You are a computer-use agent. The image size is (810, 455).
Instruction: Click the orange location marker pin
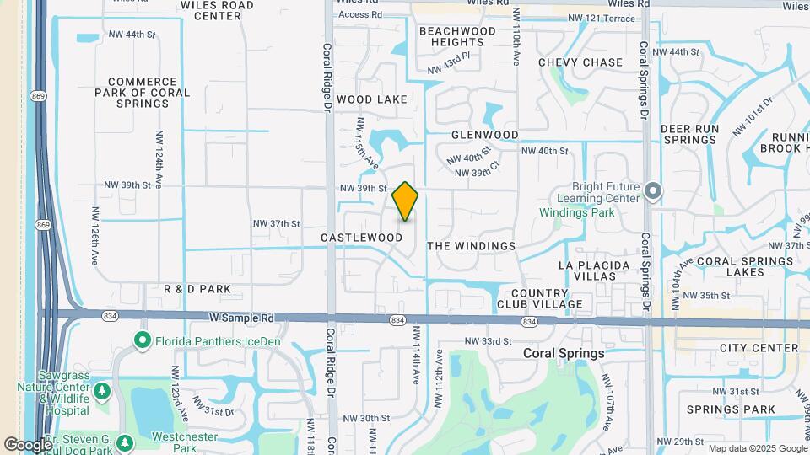[x=406, y=201]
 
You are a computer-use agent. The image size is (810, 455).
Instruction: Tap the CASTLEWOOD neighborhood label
[x=362, y=238]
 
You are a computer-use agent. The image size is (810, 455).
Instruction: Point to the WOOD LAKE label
[x=372, y=99]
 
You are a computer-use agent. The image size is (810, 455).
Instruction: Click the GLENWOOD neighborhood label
[x=484, y=135]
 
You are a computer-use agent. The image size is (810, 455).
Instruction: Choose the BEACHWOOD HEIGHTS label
[x=457, y=36]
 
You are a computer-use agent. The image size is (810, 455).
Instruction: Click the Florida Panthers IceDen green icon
[x=142, y=340]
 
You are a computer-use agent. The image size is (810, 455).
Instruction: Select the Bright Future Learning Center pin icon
[x=653, y=191]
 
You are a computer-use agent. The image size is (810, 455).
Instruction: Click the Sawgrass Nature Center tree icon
[x=102, y=391]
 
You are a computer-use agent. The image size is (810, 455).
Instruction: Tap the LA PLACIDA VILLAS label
[x=594, y=270]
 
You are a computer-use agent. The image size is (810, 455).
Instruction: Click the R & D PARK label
[x=197, y=289]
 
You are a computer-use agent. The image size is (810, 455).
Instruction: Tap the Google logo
[x=28, y=444]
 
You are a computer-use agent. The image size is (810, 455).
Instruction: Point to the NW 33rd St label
[x=489, y=341]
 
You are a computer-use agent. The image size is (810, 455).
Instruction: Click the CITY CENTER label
[x=759, y=348]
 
